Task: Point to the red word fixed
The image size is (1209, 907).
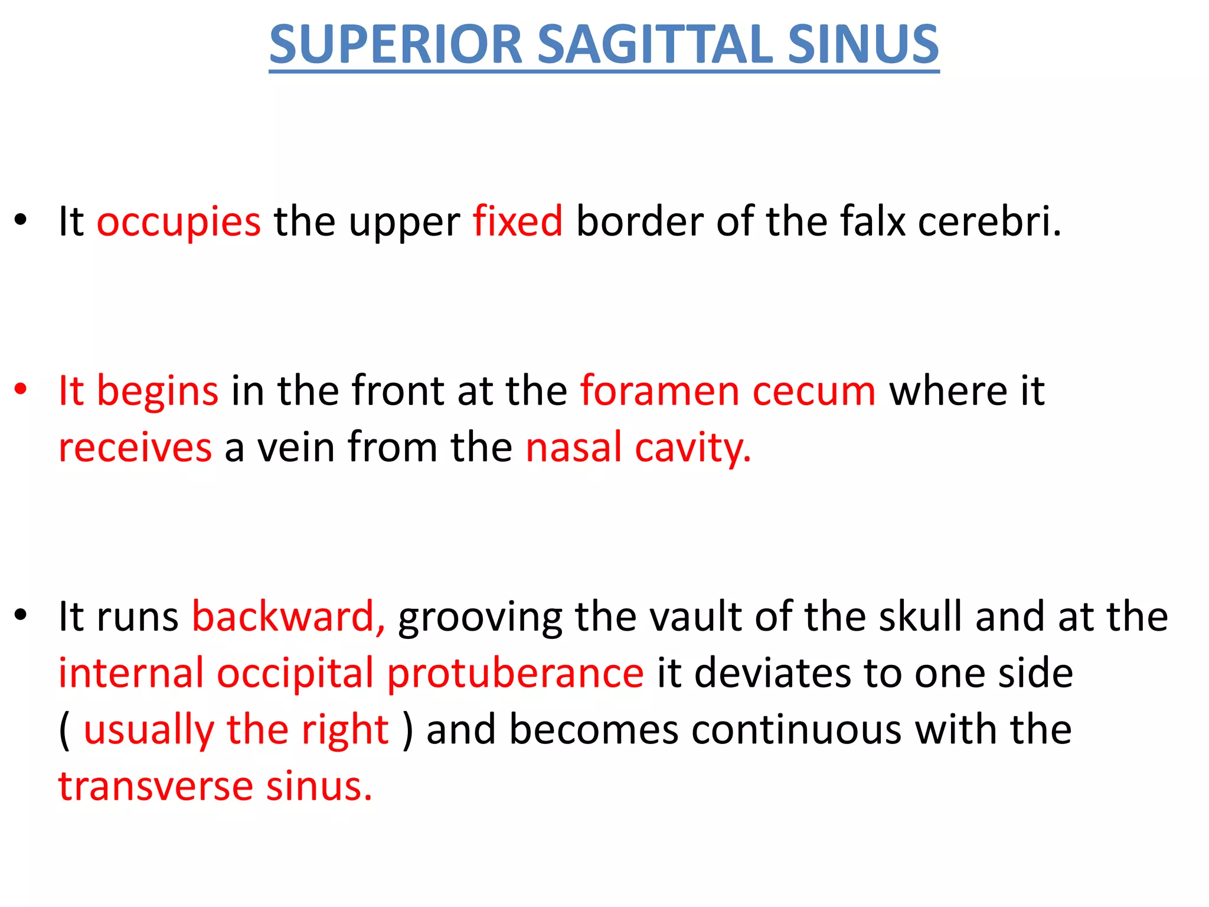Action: pos(518,221)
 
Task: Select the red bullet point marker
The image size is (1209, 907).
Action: pos(21,390)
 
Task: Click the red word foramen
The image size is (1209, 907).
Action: pos(659,391)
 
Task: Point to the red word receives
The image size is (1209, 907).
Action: pos(135,447)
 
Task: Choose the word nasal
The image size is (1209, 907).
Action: pos(573,447)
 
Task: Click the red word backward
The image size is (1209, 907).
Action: pos(289,616)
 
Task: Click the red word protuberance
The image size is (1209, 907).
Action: pos(515,674)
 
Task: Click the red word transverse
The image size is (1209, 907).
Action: pos(155,787)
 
